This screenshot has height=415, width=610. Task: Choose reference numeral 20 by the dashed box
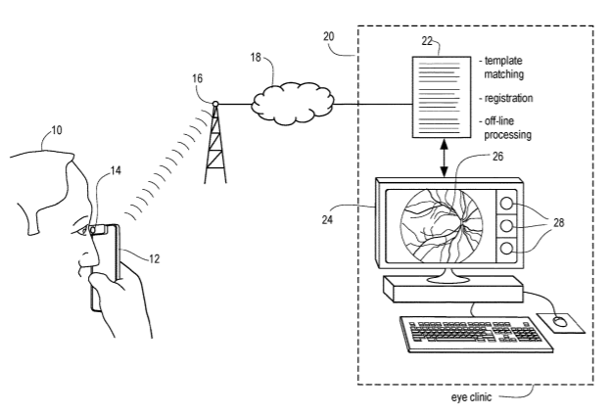click(329, 36)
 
